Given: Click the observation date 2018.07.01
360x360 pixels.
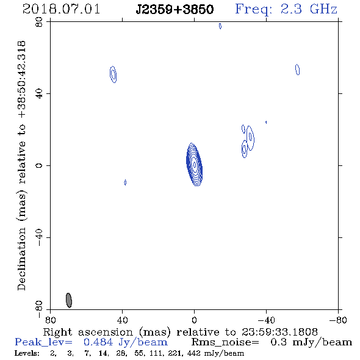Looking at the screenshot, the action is tap(61, 9).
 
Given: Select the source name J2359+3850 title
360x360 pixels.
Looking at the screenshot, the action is tap(175, 10).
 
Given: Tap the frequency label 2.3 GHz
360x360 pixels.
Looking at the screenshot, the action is tap(309, 9).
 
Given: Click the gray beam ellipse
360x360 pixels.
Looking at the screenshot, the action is tap(69, 300).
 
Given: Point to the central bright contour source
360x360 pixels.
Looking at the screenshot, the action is tap(194, 164).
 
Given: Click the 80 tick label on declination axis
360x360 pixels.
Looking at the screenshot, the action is tap(40, 22).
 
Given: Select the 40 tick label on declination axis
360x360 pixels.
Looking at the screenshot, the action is tap(40, 94).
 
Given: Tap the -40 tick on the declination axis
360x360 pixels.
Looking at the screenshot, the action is tap(40, 237).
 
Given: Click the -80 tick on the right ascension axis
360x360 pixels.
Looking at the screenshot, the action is tap(338, 320).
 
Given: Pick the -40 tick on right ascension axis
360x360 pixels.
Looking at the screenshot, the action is tap(266, 320).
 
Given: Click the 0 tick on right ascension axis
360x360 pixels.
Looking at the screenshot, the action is tap(194, 320).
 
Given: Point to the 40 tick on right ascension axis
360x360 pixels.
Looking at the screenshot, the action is tap(123, 320).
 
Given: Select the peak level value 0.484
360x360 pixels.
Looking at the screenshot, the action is tap(98, 342).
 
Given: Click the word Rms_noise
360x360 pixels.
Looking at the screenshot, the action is tap(225, 342).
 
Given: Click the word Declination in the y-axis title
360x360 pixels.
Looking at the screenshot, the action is tap(21, 259).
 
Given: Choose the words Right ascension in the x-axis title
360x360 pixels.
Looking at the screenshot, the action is tap(88, 332).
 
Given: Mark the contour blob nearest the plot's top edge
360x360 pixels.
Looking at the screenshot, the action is tap(220, 26).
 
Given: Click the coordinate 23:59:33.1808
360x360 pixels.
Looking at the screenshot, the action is tap(279, 332).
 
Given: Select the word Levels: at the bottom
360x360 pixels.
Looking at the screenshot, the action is tap(27, 353).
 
